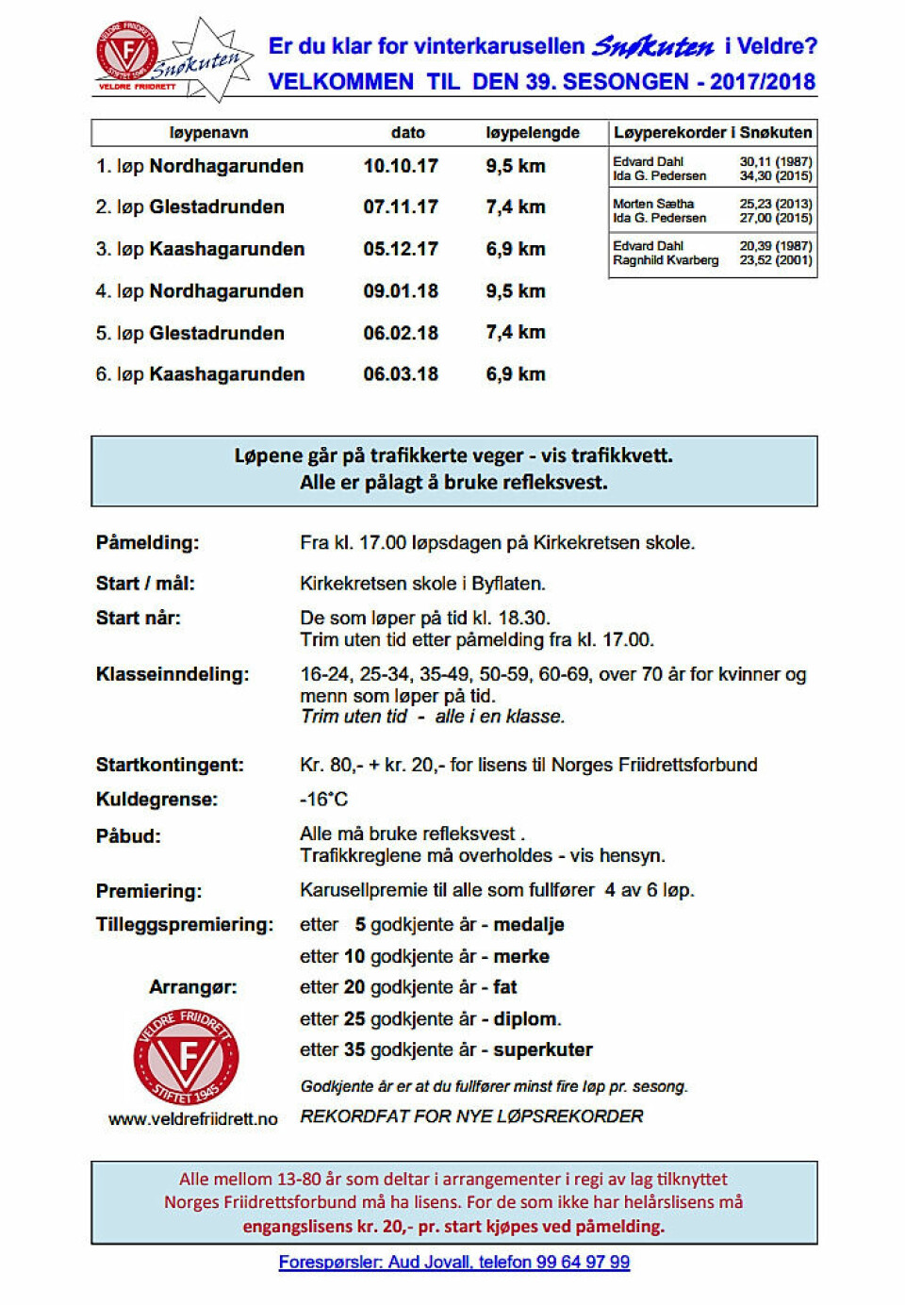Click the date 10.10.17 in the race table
(401, 167)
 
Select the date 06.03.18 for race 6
(401, 374)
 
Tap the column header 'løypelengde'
(533, 133)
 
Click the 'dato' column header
(408, 133)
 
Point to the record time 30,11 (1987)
(775, 162)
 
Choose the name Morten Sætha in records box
(653, 204)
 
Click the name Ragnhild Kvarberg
(666, 260)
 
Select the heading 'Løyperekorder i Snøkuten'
(713, 133)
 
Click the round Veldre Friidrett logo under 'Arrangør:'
(187, 1056)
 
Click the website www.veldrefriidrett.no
(193, 1119)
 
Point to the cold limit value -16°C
(323, 800)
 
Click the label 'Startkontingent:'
(170, 765)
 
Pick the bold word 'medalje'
(529, 925)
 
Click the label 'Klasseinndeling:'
(173, 674)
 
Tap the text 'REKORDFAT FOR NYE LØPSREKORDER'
(471, 1116)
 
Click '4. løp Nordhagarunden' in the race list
(200, 291)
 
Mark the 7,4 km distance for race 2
(516, 207)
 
